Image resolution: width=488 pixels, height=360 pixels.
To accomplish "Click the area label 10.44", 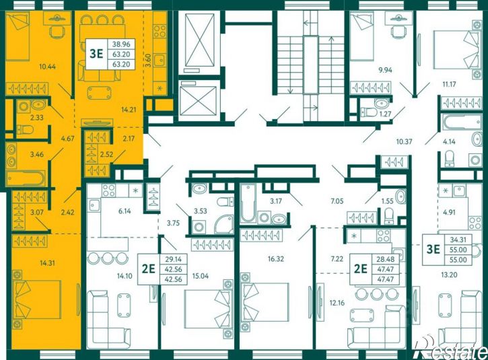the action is (x=48, y=66).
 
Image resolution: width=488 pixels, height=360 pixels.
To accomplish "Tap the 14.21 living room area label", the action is (x=129, y=109).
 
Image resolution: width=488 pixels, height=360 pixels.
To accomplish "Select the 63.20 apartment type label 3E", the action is (x=96, y=54).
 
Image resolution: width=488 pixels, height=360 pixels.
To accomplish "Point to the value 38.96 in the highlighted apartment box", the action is (x=121, y=44).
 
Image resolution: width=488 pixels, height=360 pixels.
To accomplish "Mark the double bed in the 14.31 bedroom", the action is (x=37, y=299).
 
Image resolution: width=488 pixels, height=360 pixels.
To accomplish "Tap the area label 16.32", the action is (x=276, y=258).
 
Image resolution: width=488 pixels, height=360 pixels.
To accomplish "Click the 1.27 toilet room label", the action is (x=385, y=114).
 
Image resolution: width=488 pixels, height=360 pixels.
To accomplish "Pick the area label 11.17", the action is (x=449, y=83).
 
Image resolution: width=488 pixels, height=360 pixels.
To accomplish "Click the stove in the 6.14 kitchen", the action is (x=108, y=190).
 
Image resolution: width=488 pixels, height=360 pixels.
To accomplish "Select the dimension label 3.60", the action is (x=149, y=60).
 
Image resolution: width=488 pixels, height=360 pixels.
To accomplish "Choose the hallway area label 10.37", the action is (x=405, y=141).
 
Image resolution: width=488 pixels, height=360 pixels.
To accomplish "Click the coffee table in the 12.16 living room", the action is (x=362, y=316).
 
